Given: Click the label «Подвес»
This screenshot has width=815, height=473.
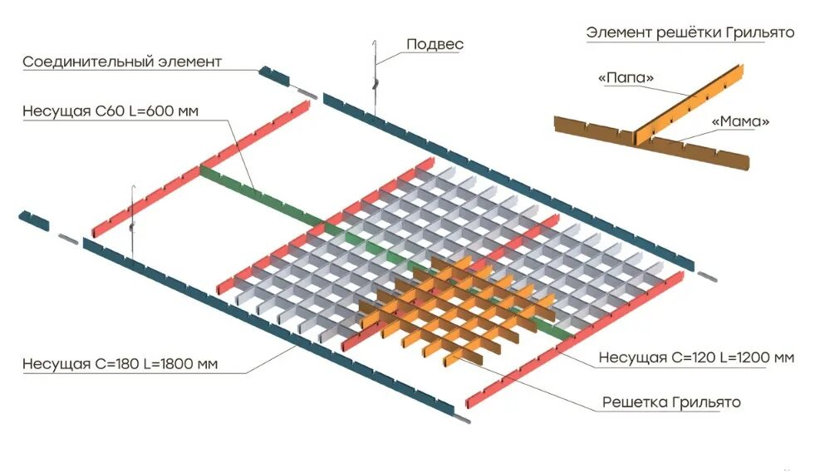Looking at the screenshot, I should click(x=435, y=44).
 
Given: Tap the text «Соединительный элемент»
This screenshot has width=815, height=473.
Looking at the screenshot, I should click(x=122, y=62).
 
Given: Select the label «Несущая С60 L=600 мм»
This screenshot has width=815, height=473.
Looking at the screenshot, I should click(x=110, y=111).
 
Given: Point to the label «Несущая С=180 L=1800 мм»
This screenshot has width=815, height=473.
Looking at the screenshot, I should click(x=120, y=363).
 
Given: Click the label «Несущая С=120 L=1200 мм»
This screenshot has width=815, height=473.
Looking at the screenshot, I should click(x=696, y=358).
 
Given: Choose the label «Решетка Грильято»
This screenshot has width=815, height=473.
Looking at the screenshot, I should click(x=671, y=402).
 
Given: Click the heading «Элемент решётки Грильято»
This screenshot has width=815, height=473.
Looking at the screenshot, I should click(x=690, y=32).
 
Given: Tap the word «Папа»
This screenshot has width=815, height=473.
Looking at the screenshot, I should click(x=626, y=78).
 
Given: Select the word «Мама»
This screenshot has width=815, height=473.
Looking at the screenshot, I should click(x=741, y=121).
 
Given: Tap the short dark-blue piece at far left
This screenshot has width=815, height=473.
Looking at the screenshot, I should click(x=34, y=220).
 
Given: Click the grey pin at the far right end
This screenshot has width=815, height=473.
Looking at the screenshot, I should click(x=706, y=275).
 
